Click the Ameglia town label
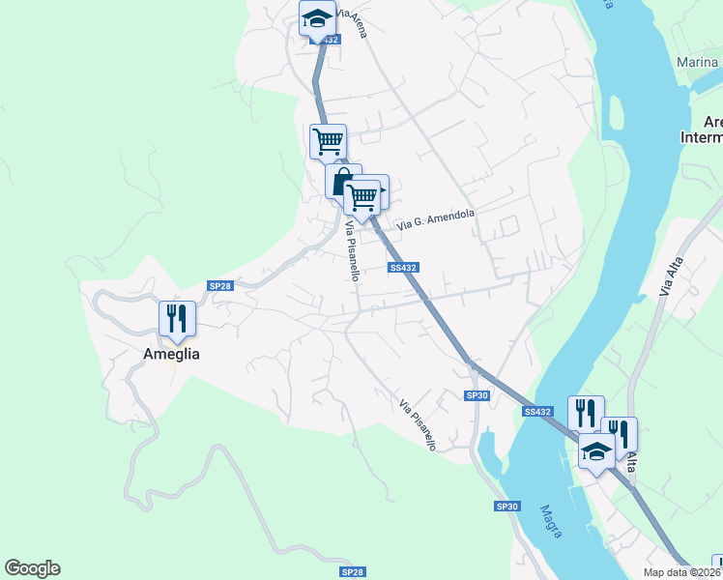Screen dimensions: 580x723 (172, 354)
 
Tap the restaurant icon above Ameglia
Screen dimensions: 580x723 (177, 317)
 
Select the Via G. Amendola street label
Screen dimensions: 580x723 (436, 218)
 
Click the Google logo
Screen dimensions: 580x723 (32, 568)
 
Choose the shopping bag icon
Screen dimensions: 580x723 (341, 181)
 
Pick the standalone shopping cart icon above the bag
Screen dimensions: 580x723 (328, 141)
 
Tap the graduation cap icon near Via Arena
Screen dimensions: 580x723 (316, 18)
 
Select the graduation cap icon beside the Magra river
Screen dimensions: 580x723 (596, 449)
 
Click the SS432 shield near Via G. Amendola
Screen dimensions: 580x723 (403, 268)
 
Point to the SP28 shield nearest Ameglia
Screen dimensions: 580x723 (220, 285)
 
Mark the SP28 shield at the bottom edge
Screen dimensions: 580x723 (353, 572)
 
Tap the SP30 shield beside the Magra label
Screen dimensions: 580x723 (507, 507)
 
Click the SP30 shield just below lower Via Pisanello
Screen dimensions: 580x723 (477, 395)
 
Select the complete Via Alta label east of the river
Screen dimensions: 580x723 (666, 277)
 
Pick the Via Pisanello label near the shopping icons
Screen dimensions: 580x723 (353, 251)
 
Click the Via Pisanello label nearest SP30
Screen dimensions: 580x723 (419, 425)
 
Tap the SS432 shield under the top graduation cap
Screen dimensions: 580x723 (327, 40)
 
